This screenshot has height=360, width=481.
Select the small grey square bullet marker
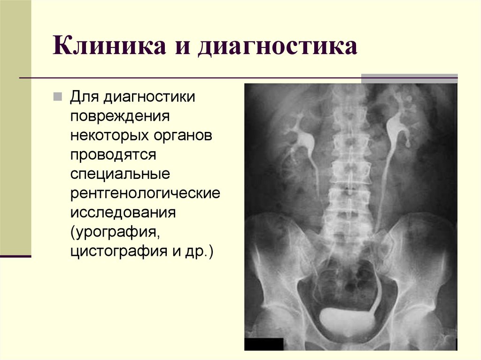(57, 97)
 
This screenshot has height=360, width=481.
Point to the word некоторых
(107, 135)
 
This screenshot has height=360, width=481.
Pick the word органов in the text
(180, 135)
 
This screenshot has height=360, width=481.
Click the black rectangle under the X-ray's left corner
(264, 344)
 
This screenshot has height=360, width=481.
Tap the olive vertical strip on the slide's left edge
(16, 127)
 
